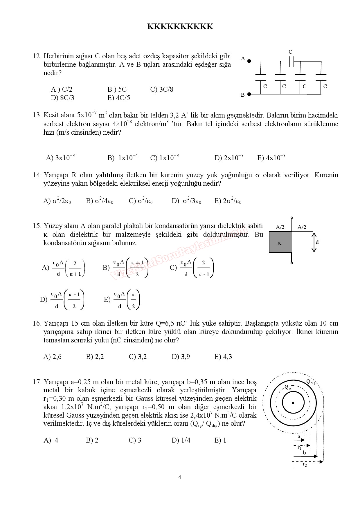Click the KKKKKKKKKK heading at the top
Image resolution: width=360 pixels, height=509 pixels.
(180, 27)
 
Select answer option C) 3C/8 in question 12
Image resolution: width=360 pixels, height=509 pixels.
(162, 89)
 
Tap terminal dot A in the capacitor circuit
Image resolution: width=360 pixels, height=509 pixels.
(249, 61)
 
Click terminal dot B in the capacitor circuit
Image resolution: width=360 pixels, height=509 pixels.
(249, 94)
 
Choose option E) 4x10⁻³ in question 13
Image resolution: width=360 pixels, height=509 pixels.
(271, 158)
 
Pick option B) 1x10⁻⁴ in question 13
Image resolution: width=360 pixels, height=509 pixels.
(123, 158)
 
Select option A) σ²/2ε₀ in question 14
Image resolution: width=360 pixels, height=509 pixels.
(57, 201)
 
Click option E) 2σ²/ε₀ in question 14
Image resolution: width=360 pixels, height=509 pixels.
(228, 201)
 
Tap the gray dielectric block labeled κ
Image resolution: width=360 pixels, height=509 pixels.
(280, 242)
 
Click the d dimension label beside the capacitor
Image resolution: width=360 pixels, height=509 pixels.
(317, 242)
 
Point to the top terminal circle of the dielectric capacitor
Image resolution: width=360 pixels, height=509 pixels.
(292, 217)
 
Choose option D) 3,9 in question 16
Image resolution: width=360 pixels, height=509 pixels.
(181, 357)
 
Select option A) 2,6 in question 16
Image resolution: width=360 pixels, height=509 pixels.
(52, 357)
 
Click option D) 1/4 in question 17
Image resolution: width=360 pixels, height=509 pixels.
(181, 440)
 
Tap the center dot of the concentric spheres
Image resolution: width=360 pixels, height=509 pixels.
(293, 402)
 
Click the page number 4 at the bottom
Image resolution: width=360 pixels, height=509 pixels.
(180, 477)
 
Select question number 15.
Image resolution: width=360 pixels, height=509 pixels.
(37, 226)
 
